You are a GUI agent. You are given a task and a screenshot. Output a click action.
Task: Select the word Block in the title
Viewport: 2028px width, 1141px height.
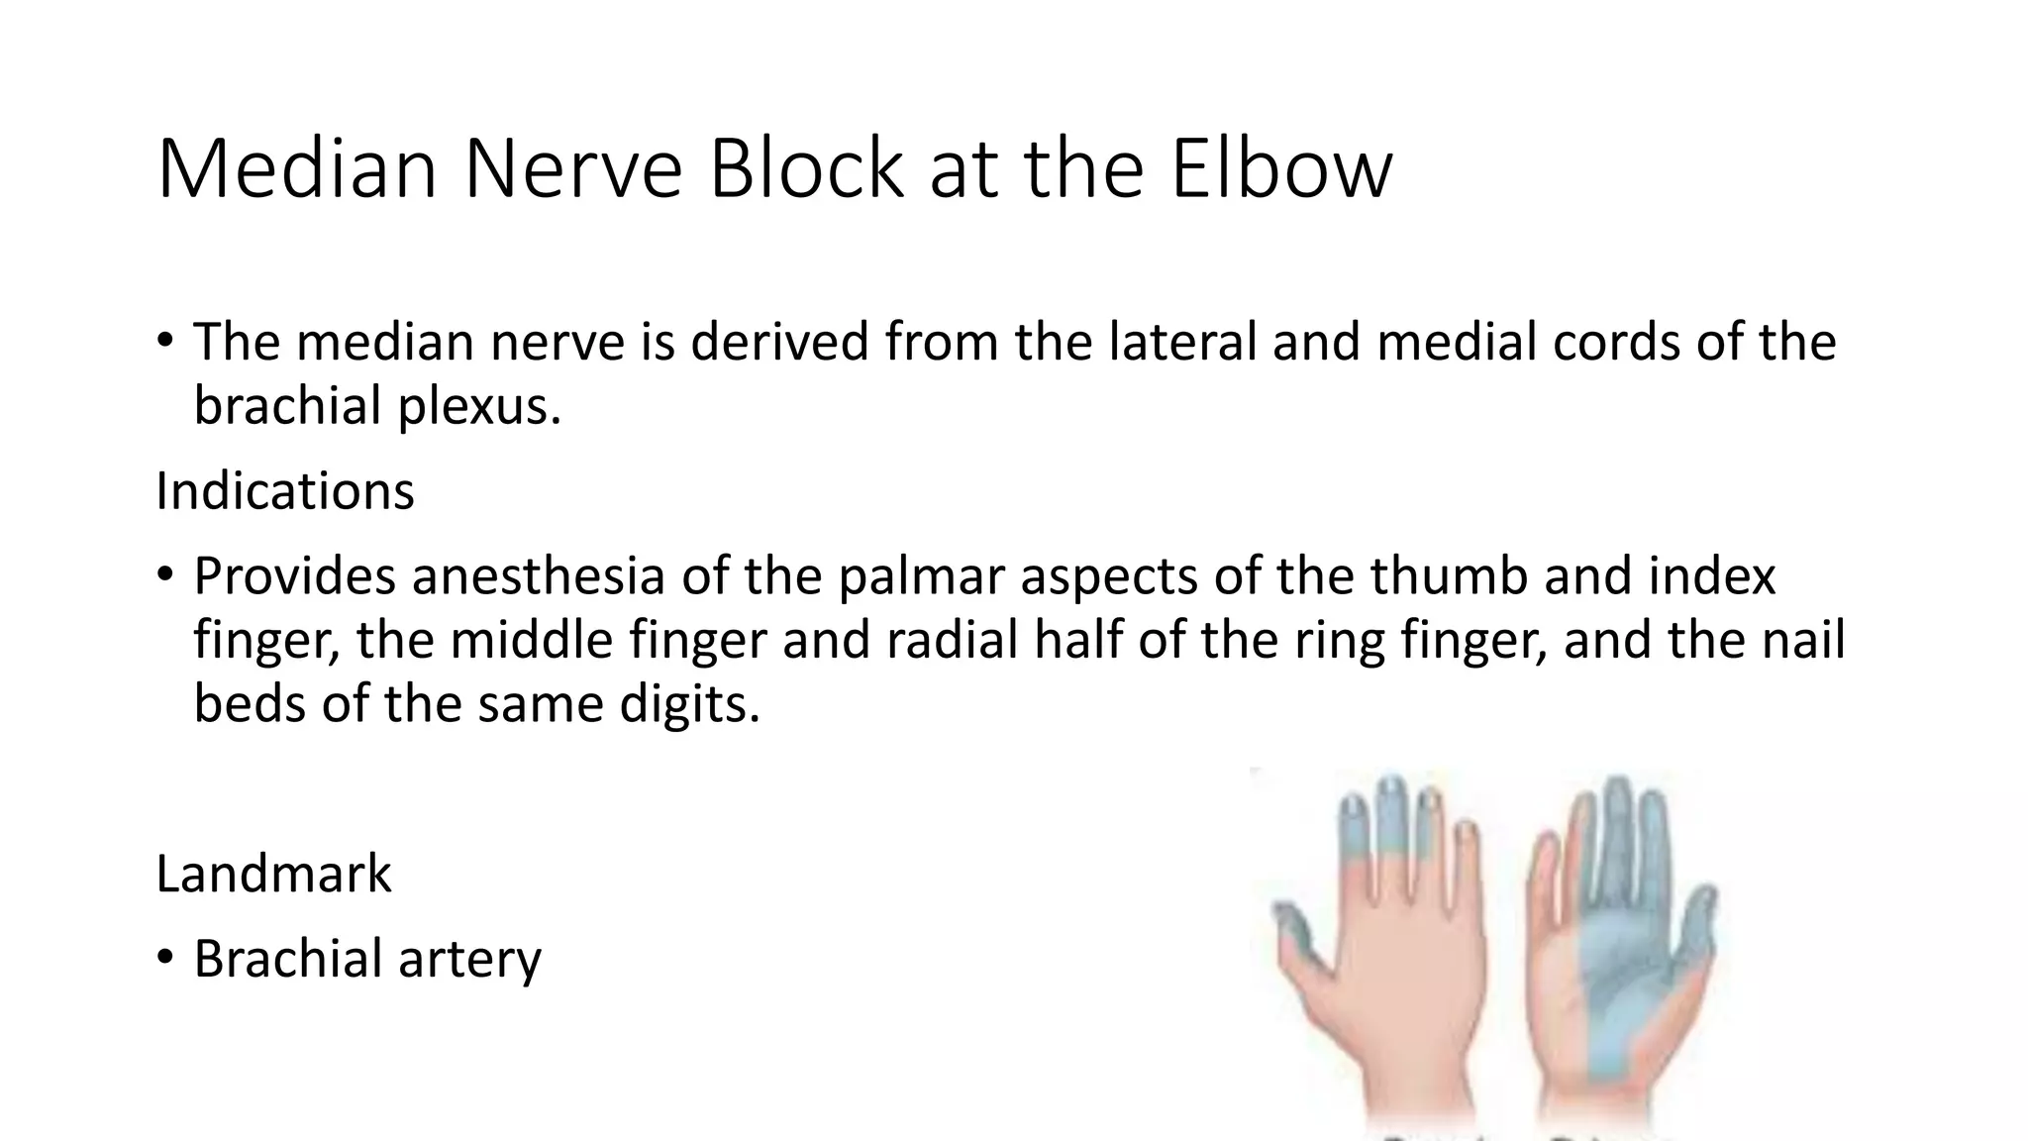[806, 168]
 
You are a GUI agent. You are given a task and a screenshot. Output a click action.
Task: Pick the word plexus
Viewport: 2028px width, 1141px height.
[479, 407]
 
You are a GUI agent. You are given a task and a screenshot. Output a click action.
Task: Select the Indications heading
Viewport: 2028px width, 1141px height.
[285, 491]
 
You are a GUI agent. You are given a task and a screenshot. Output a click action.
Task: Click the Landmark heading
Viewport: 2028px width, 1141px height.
[273, 875]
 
